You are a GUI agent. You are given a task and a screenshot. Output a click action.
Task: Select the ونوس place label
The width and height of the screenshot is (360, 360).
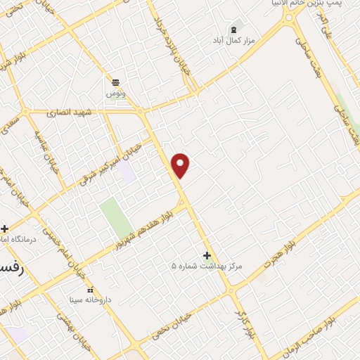115,93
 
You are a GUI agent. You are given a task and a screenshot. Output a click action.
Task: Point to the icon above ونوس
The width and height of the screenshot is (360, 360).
115,82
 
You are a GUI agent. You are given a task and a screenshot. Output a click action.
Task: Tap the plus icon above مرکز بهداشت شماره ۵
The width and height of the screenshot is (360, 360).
207,255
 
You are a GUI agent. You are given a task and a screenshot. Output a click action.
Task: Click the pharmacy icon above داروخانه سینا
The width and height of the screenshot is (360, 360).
89,289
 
